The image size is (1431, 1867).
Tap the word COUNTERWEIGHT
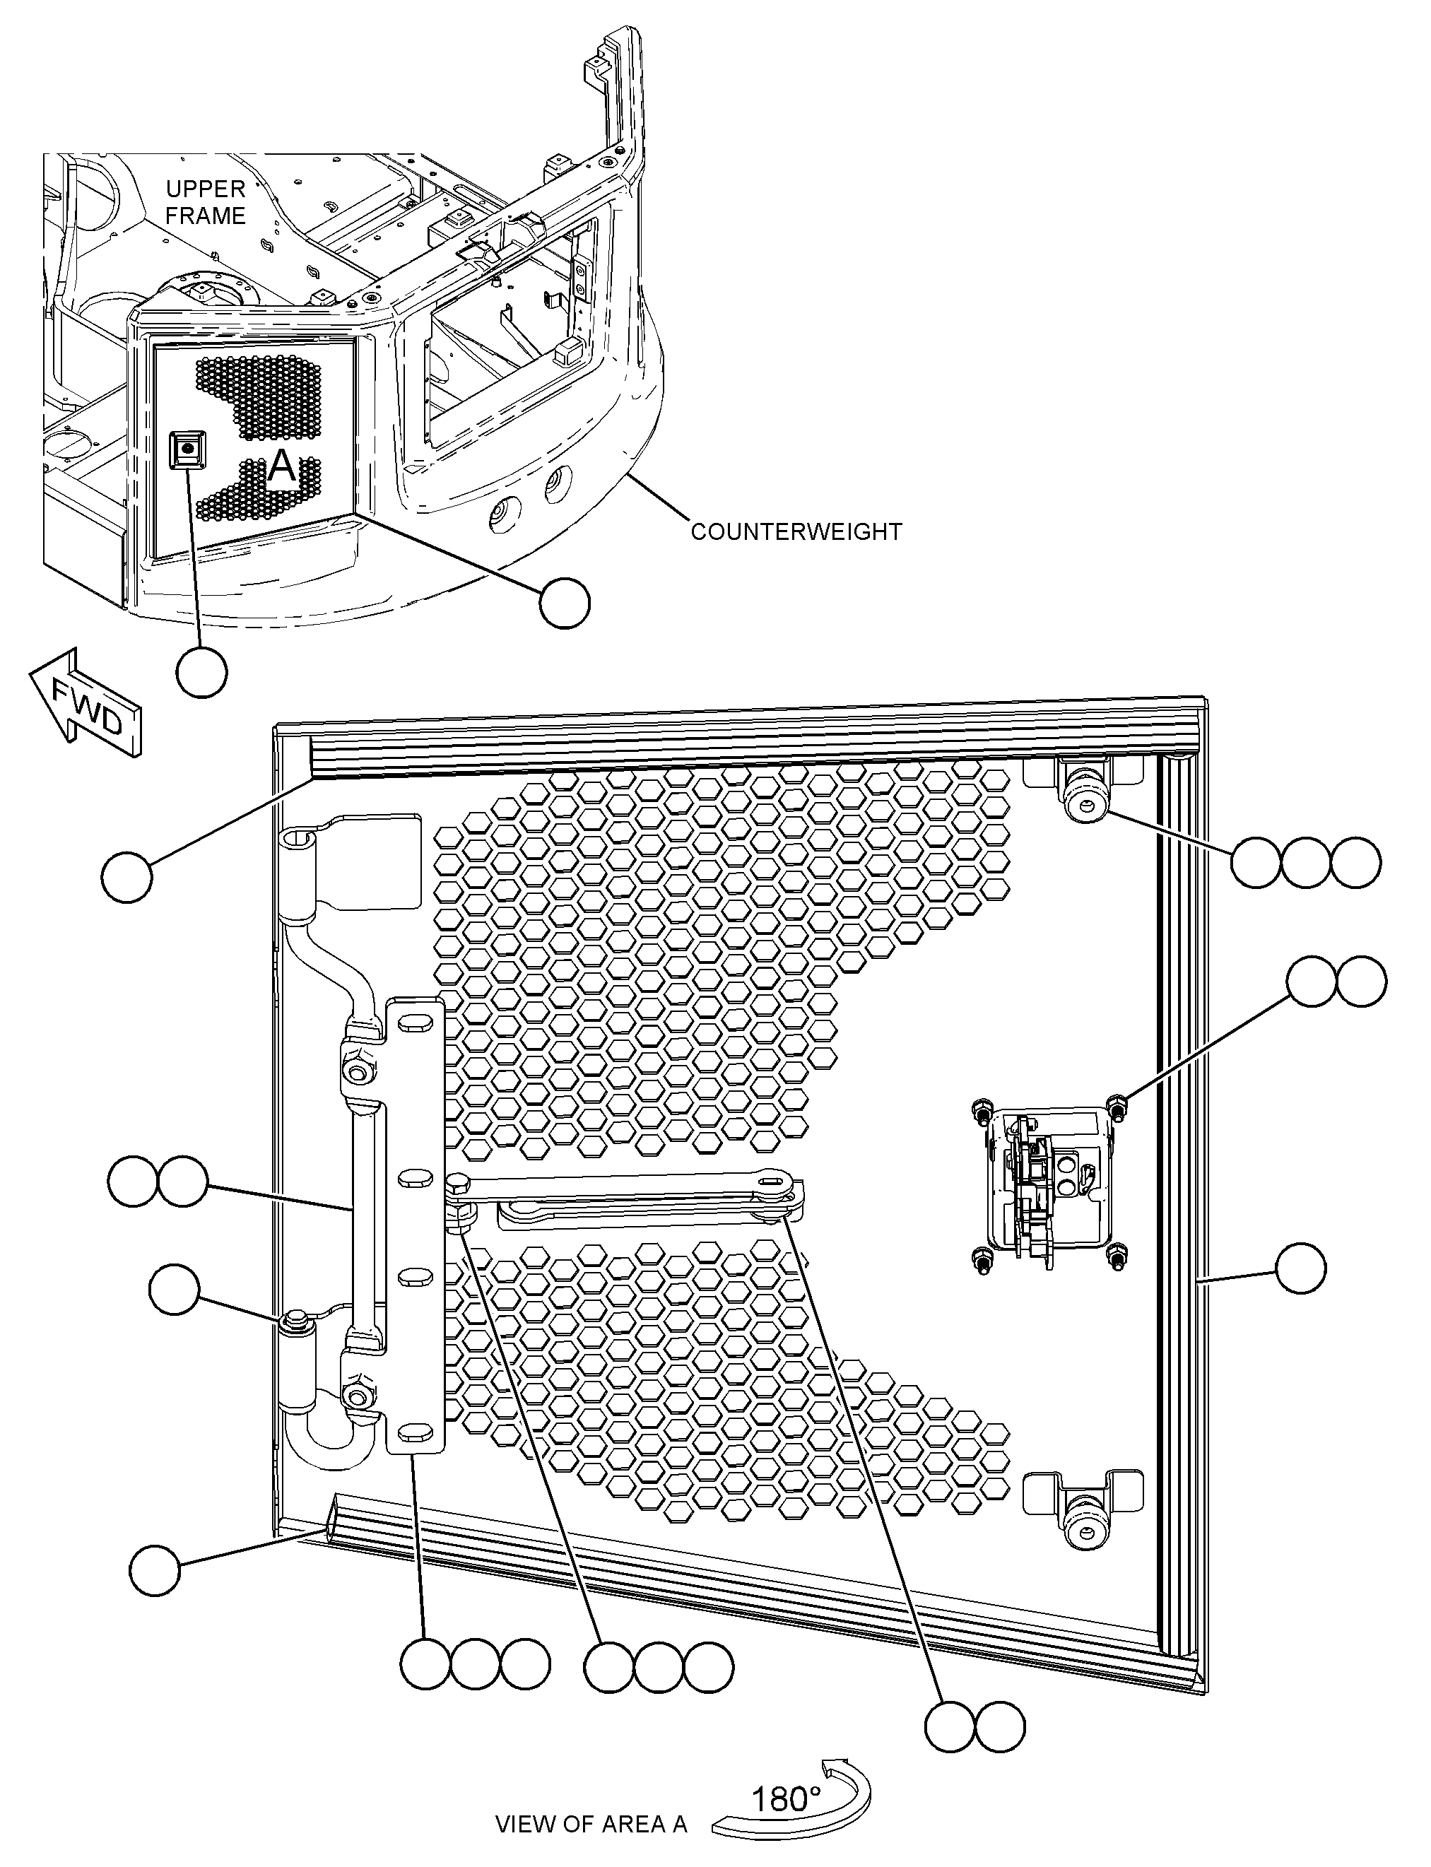(796, 531)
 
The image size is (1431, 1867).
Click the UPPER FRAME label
(205, 202)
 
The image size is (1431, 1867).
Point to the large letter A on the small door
(282, 468)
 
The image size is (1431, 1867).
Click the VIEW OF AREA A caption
(591, 1824)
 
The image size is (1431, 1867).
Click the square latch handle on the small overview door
(187, 449)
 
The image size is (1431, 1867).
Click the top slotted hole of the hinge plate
(414, 1024)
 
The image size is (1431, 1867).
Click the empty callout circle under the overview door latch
(202, 672)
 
